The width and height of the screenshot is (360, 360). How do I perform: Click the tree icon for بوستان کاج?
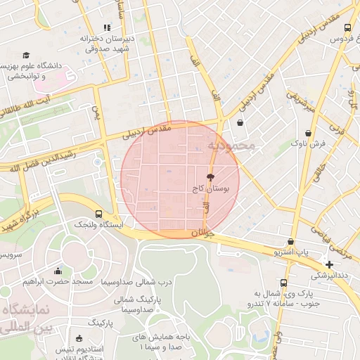[x=210, y=177]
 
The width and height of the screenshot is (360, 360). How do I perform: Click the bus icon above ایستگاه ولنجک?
[x=98, y=213]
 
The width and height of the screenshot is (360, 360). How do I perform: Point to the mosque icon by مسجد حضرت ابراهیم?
[x=58, y=271]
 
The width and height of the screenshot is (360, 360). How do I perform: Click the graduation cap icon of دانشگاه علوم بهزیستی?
[x=26, y=55]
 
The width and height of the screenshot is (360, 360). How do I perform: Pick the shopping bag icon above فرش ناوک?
[x=309, y=133]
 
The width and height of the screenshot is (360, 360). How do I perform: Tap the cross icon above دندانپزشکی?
[x=329, y=264]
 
